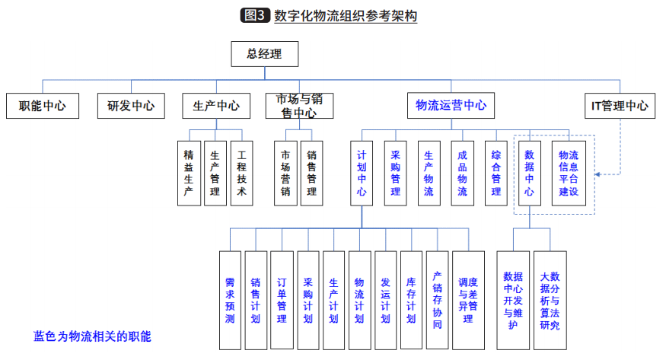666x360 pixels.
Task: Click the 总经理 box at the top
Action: (x=265, y=54)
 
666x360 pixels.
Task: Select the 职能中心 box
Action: (x=42, y=106)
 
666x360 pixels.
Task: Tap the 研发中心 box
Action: (x=131, y=106)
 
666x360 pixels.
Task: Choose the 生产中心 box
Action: (x=216, y=106)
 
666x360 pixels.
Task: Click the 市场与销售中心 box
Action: (x=300, y=106)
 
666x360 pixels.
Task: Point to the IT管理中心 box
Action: (x=620, y=106)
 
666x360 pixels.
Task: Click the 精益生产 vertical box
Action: (x=189, y=173)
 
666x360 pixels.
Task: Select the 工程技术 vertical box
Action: (x=241, y=173)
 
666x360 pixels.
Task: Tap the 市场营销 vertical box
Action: (x=285, y=173)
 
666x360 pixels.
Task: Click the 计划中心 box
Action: (x=362, y=173)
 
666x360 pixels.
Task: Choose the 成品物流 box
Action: (x=462, y=173)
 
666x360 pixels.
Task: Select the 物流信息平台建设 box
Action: (x=569, y=173)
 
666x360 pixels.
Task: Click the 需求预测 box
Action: (x=230, y=299)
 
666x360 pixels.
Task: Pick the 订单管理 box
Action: (x=282, y=299)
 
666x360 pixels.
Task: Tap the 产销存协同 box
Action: (x=437, y=299)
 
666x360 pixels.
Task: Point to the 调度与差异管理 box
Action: (x=468, y=299)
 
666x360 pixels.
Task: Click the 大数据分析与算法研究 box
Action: (x=549, y=299)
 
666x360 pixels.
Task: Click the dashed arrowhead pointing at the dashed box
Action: (x=598, y=174)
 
